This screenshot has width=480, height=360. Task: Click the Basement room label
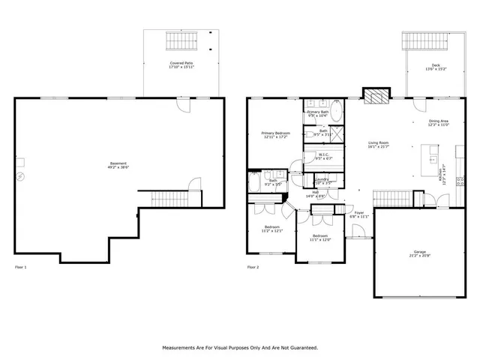click(118, 163)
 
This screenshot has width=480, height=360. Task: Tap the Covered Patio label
click(181, 64)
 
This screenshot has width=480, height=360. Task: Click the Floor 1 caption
click(21, 266)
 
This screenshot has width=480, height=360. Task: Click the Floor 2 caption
click(253, 266)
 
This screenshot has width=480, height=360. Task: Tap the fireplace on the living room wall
click(376, 97)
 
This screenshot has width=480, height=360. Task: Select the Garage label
click(419, 251)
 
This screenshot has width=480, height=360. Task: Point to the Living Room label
click(378, 142)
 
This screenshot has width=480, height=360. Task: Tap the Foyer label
click(359, 213)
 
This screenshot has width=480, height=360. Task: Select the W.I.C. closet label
click(324, 155)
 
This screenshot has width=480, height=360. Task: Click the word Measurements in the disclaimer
click(185, 347)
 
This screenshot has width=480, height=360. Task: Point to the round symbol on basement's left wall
click(21, 176)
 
